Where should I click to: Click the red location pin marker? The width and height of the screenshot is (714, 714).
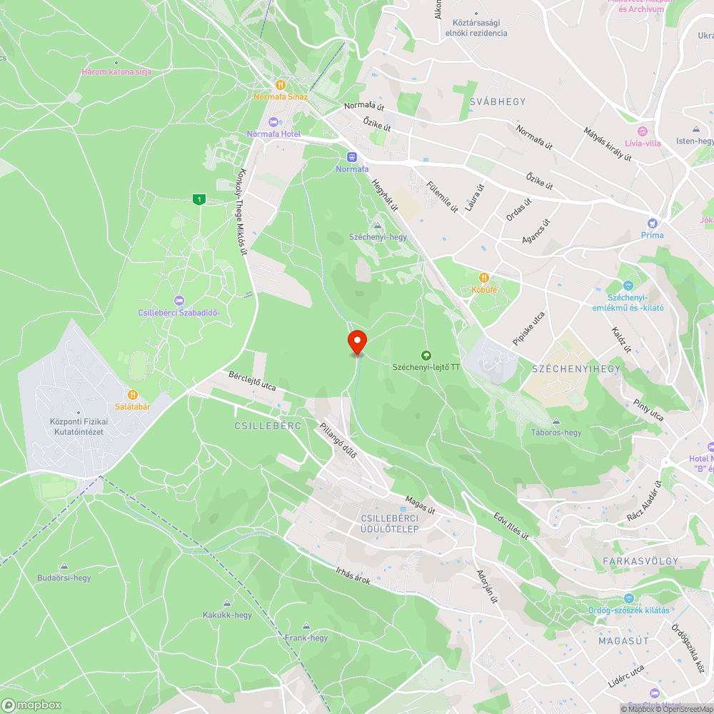point(356,341)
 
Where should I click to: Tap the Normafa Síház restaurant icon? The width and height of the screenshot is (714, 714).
point(281,84)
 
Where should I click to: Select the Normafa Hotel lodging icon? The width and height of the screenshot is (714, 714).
point(274,121)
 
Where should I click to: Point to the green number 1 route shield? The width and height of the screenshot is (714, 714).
point(198,200)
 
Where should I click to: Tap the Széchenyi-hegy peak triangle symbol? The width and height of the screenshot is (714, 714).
point(377,226)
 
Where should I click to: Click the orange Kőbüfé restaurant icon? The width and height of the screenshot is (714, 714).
point(483,277)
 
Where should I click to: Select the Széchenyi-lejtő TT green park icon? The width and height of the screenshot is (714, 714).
point(426,355)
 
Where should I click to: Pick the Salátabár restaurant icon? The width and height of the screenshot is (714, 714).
point(132,394)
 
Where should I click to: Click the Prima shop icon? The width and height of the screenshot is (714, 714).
point(652,223)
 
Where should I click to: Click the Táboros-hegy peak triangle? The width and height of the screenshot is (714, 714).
point(556,421)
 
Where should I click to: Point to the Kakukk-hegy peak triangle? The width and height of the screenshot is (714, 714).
point(227,603)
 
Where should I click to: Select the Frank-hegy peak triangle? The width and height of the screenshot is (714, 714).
point(306,626)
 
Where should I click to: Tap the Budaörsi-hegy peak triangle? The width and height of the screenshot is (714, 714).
point(64,566)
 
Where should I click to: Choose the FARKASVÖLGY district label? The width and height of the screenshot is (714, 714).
point(640,561)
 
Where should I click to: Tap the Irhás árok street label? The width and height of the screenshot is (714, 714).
point(353,575)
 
